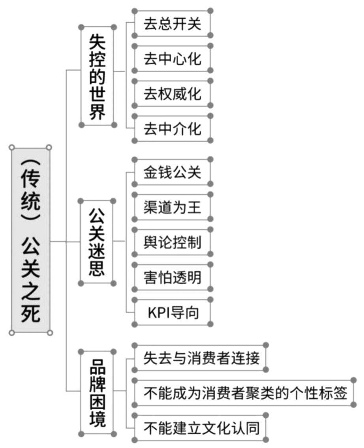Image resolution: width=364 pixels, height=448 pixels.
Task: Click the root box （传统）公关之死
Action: (30, 240)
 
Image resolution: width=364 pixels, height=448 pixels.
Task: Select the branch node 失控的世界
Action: (98, 76)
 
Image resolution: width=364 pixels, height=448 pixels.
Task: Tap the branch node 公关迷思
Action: (97, 242)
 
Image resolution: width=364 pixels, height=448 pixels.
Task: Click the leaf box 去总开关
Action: (173, 23)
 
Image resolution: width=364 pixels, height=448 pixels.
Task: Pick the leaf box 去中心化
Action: (173, 58)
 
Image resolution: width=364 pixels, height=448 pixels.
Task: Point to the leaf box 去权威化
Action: (173, 94)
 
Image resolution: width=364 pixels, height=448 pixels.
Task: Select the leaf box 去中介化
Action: (173, 128)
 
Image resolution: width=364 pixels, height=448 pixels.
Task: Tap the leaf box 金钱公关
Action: (173, 172)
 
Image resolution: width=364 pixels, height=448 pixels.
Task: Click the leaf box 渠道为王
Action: (173, 207)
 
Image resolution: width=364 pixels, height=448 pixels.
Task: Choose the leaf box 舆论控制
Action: (173, 242)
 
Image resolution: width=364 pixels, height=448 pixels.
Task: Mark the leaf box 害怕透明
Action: (173, 277)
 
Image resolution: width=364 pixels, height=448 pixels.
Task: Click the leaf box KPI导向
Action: (173, 312)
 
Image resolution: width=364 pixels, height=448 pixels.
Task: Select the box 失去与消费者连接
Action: (200, 358)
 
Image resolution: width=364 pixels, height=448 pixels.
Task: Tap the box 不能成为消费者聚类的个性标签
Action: (244, 393)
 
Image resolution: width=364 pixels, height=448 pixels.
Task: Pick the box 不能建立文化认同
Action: (200, 427)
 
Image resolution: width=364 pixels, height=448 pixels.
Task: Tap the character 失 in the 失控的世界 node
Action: (98, 42)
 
